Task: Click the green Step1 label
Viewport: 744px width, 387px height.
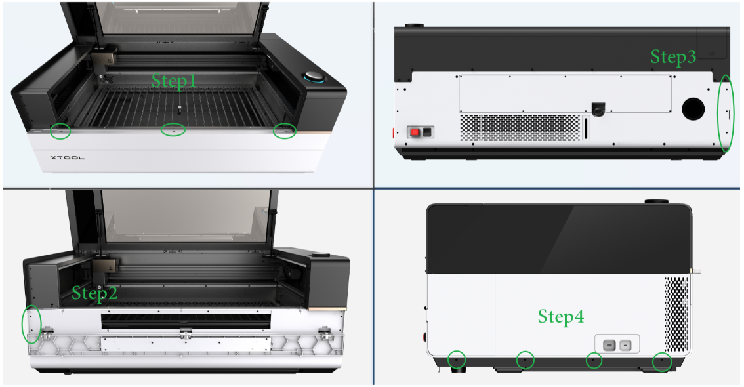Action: coord(174,81)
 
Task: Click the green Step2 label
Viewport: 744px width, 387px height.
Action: coord(94,294)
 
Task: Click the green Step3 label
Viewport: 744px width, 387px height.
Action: coord(673,56)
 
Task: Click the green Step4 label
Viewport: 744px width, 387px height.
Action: coord(561,316)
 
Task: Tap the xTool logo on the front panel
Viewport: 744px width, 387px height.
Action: coord(68,157)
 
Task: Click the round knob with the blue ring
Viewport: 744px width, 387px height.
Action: coord(313,77)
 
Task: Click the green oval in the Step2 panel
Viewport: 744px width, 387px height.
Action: coord(22,325)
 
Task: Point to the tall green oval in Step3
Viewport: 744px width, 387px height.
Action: coord(718,114)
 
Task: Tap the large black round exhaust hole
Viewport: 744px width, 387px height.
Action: coord(693,109)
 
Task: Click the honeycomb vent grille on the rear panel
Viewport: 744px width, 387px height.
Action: coord(520,127)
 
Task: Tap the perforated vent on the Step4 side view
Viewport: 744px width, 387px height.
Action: coord(676,314)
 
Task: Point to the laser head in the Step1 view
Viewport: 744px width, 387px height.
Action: coord(104,61)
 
